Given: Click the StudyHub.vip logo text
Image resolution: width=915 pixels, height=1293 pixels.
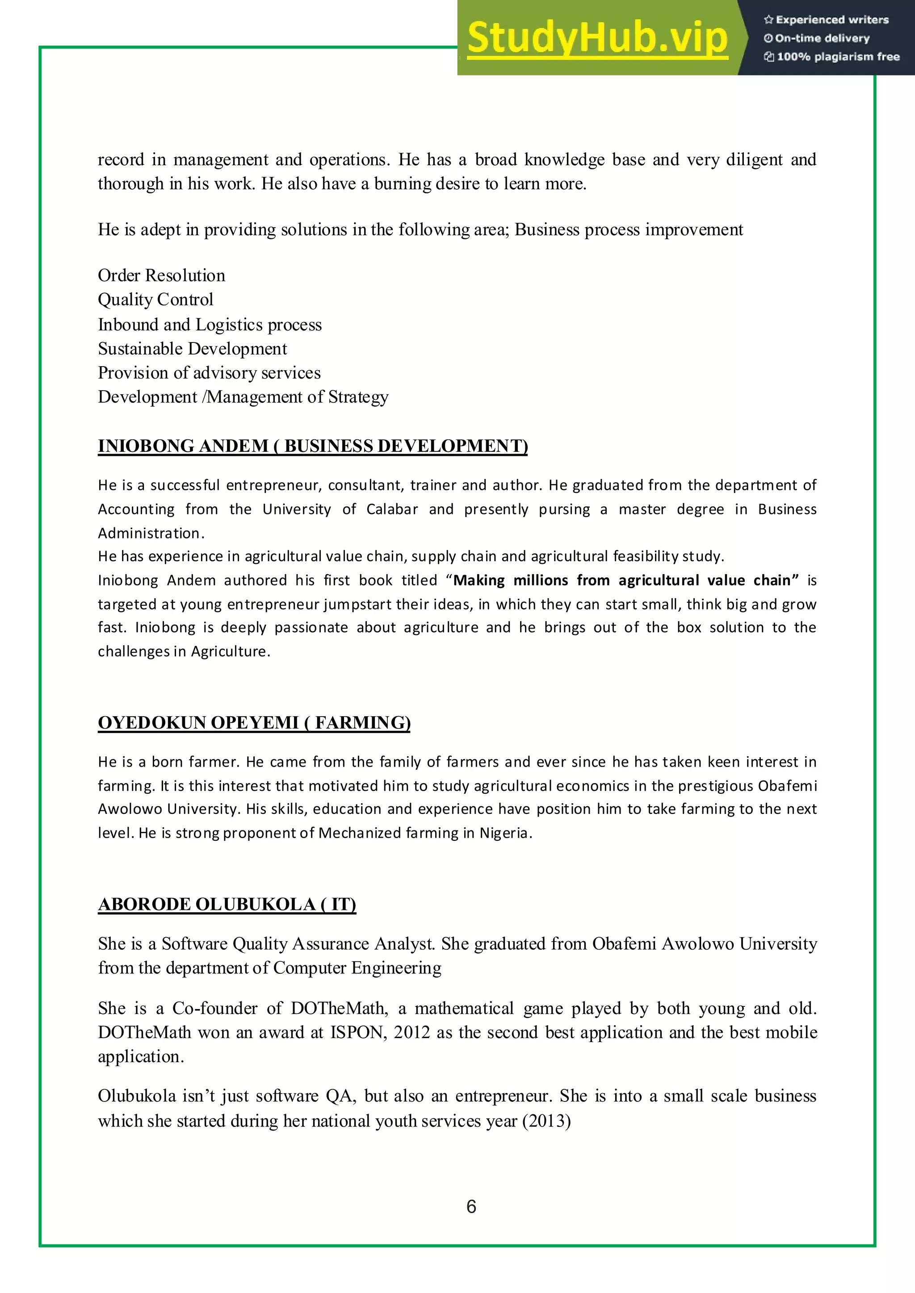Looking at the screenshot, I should click(x=597, y=38).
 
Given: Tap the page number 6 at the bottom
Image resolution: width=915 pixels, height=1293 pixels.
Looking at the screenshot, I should click(x=471, y=1206).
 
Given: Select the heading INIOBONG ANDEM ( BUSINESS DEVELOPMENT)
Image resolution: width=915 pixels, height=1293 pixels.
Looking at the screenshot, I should click(x=313, y=446).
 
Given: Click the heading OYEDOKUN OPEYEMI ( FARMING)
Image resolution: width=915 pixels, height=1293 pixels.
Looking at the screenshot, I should click(x=254, y=722).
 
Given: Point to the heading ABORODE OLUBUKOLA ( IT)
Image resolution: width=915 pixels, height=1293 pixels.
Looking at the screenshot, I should click(x=227, y=903).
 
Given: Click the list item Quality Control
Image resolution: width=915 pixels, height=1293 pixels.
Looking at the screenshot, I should click(x=155, y=300).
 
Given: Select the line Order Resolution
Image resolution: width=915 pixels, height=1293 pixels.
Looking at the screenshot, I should click(x=161, y=275).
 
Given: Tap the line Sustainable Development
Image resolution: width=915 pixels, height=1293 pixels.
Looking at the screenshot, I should click(x=192, y=349).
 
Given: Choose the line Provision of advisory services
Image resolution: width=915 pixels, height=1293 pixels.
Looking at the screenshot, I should click(x=209, y=373).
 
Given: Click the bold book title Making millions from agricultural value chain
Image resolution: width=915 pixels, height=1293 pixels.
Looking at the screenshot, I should click(x=626, y=580).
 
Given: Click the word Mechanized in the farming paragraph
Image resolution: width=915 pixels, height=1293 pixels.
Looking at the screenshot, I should click(x=360, y=832).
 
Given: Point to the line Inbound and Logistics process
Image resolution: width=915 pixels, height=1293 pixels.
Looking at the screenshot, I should click(x=210, y=325).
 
